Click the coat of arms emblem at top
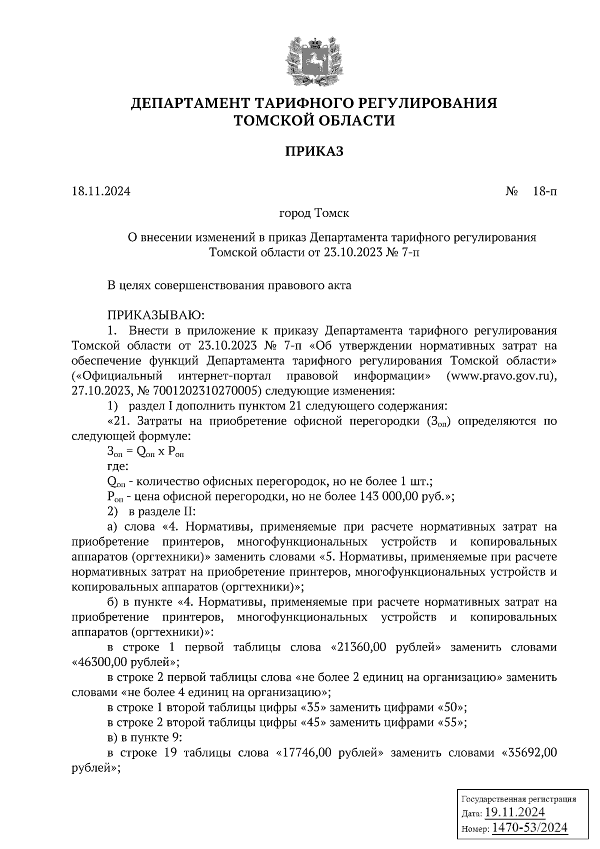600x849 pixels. tap(314, 60)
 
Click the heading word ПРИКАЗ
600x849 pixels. tap(314, 151)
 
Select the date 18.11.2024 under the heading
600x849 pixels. tap(100, 191)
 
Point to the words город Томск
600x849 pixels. tap(314, 213)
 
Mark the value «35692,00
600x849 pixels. tap(529, 753)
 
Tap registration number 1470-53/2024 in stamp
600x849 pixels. tap(530, 827)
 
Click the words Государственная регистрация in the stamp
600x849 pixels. tap(518, 799)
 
